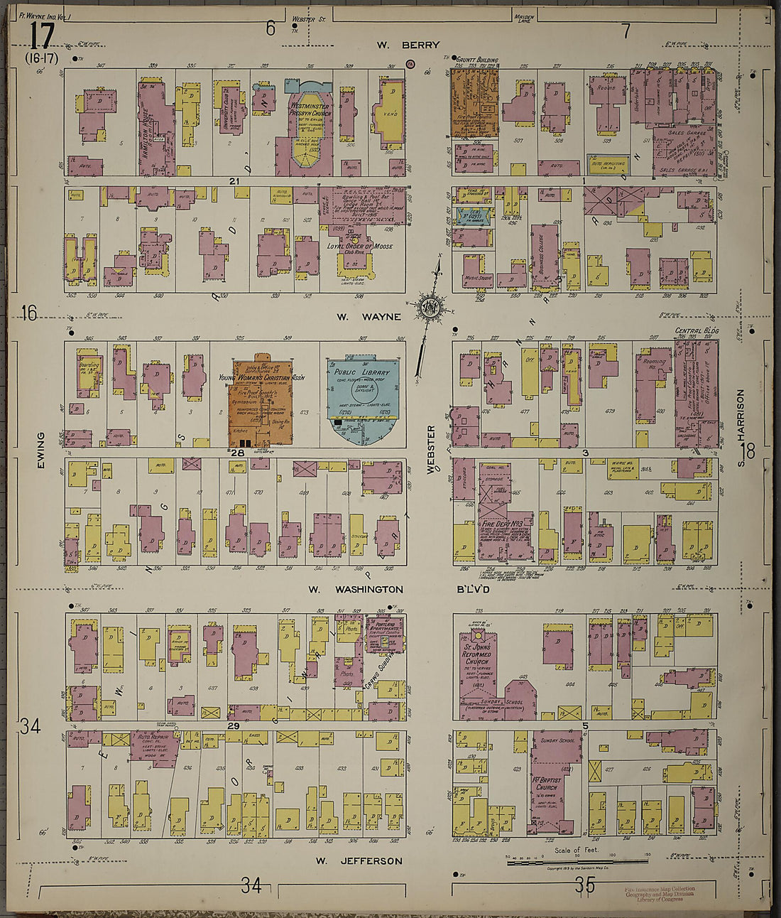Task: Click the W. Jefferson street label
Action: click(x=359, y=861)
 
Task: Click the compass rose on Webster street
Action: click(x=430, y=308)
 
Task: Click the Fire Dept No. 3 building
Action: click(x=506, y=526)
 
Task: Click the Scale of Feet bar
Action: click(x=576, y=862)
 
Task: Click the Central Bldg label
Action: click(x=697, y=331)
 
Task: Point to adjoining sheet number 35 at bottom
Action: click(x=585, y=885)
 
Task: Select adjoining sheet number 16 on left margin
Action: click(x=28, y=313)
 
